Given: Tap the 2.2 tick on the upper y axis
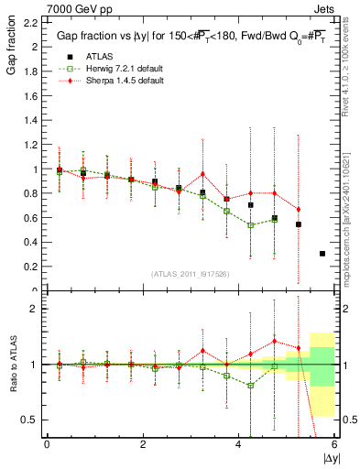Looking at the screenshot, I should (30, 22).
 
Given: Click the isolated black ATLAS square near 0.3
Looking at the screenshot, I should (322, 254).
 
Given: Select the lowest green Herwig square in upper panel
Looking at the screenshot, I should (251, 225).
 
